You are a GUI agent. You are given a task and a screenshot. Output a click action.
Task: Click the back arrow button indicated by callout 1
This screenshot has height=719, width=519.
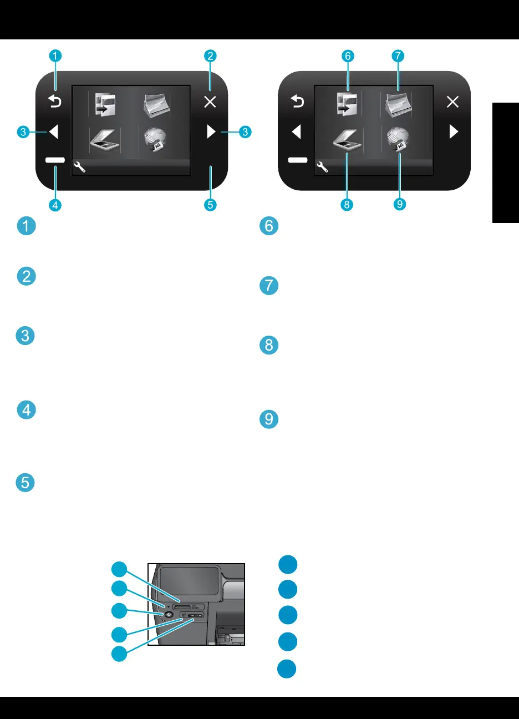pos(55,102)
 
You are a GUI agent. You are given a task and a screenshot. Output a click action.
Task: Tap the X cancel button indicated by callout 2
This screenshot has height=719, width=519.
pos(210,102)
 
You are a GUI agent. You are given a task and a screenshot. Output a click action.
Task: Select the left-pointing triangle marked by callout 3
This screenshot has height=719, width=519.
pos(54,132)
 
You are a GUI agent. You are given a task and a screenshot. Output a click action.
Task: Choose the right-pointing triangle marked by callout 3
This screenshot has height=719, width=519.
pos(211,132)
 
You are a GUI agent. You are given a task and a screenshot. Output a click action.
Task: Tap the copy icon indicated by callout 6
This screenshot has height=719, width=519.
pos(347,103)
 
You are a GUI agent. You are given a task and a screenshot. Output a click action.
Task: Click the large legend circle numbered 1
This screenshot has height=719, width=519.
pos(27,226)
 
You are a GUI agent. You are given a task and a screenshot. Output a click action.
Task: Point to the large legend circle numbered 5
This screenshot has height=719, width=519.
pos(26,483)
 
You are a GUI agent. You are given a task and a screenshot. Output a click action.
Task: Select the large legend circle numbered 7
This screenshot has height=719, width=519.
pos(269,286)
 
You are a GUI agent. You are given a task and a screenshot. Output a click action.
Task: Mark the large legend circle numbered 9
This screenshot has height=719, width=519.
pos(269,419)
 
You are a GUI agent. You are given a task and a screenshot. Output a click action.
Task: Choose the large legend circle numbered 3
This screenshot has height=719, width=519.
pos(26,336)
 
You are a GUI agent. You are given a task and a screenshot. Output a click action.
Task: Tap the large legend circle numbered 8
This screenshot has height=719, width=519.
pos(269,345)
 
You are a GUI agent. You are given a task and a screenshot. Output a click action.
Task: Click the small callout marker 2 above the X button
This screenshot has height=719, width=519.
pos(210,55)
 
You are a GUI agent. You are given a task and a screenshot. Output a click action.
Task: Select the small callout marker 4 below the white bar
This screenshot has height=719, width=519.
pos(55,205)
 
